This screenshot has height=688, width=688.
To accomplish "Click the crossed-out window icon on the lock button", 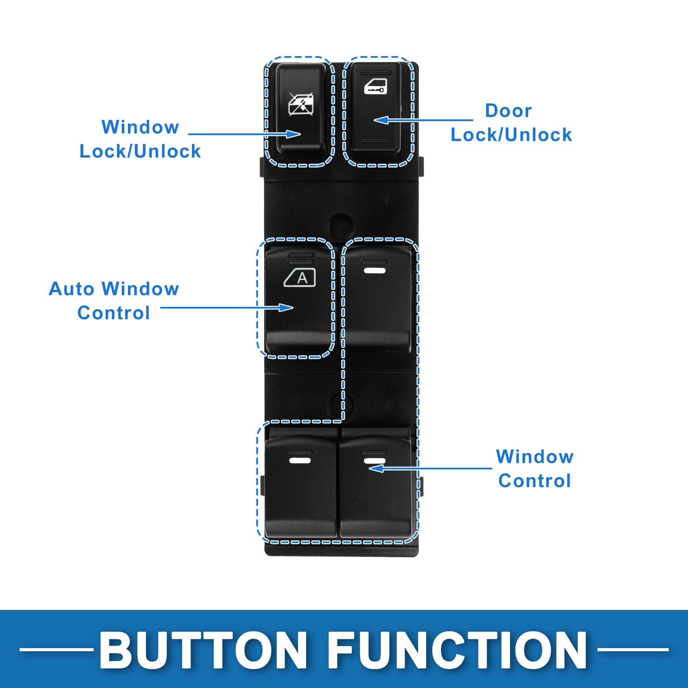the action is tap(301, 104).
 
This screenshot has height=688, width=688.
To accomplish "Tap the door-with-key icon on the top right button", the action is tap(375, 86).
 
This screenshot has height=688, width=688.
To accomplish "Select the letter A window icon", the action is tap(299, 278).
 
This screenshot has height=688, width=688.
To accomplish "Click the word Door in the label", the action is tap(508, 110).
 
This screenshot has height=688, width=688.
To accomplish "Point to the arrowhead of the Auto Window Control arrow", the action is tap(286, 308).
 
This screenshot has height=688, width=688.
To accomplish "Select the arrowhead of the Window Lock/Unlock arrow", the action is tap(294, 134).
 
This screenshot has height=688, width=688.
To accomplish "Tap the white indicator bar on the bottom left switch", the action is tap(300, 460).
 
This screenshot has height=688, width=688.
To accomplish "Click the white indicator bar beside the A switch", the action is tap(375, 270).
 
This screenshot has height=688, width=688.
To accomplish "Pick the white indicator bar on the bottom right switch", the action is tap(375, 460).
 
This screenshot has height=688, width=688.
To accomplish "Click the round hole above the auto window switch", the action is tap(341, 225).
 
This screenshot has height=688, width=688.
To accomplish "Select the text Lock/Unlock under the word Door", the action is tap(511, 135).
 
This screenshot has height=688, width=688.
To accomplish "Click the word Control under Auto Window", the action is tap(113, 313).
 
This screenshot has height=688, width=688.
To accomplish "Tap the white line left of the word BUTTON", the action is tap(56, 649).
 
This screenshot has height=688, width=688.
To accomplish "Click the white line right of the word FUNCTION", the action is tap(633, 649).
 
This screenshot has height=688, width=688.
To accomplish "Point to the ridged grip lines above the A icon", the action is tap(300, 258).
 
